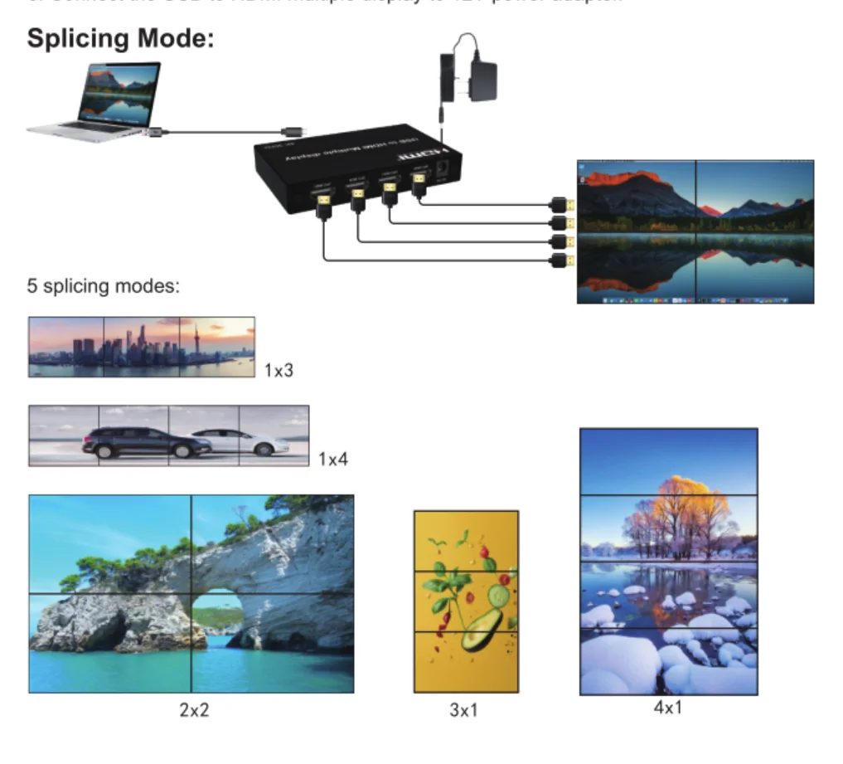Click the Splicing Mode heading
click(x=120, y=39)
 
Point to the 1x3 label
click(x=279, y=371)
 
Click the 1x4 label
click(x=333, y=459)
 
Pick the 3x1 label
click(x=464, y=711)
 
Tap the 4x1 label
click(x=668, y=708)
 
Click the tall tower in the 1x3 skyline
click(x=197, y=340)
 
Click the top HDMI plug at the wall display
click(x=561, y=203)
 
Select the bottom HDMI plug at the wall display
click(x=561, y=261)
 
